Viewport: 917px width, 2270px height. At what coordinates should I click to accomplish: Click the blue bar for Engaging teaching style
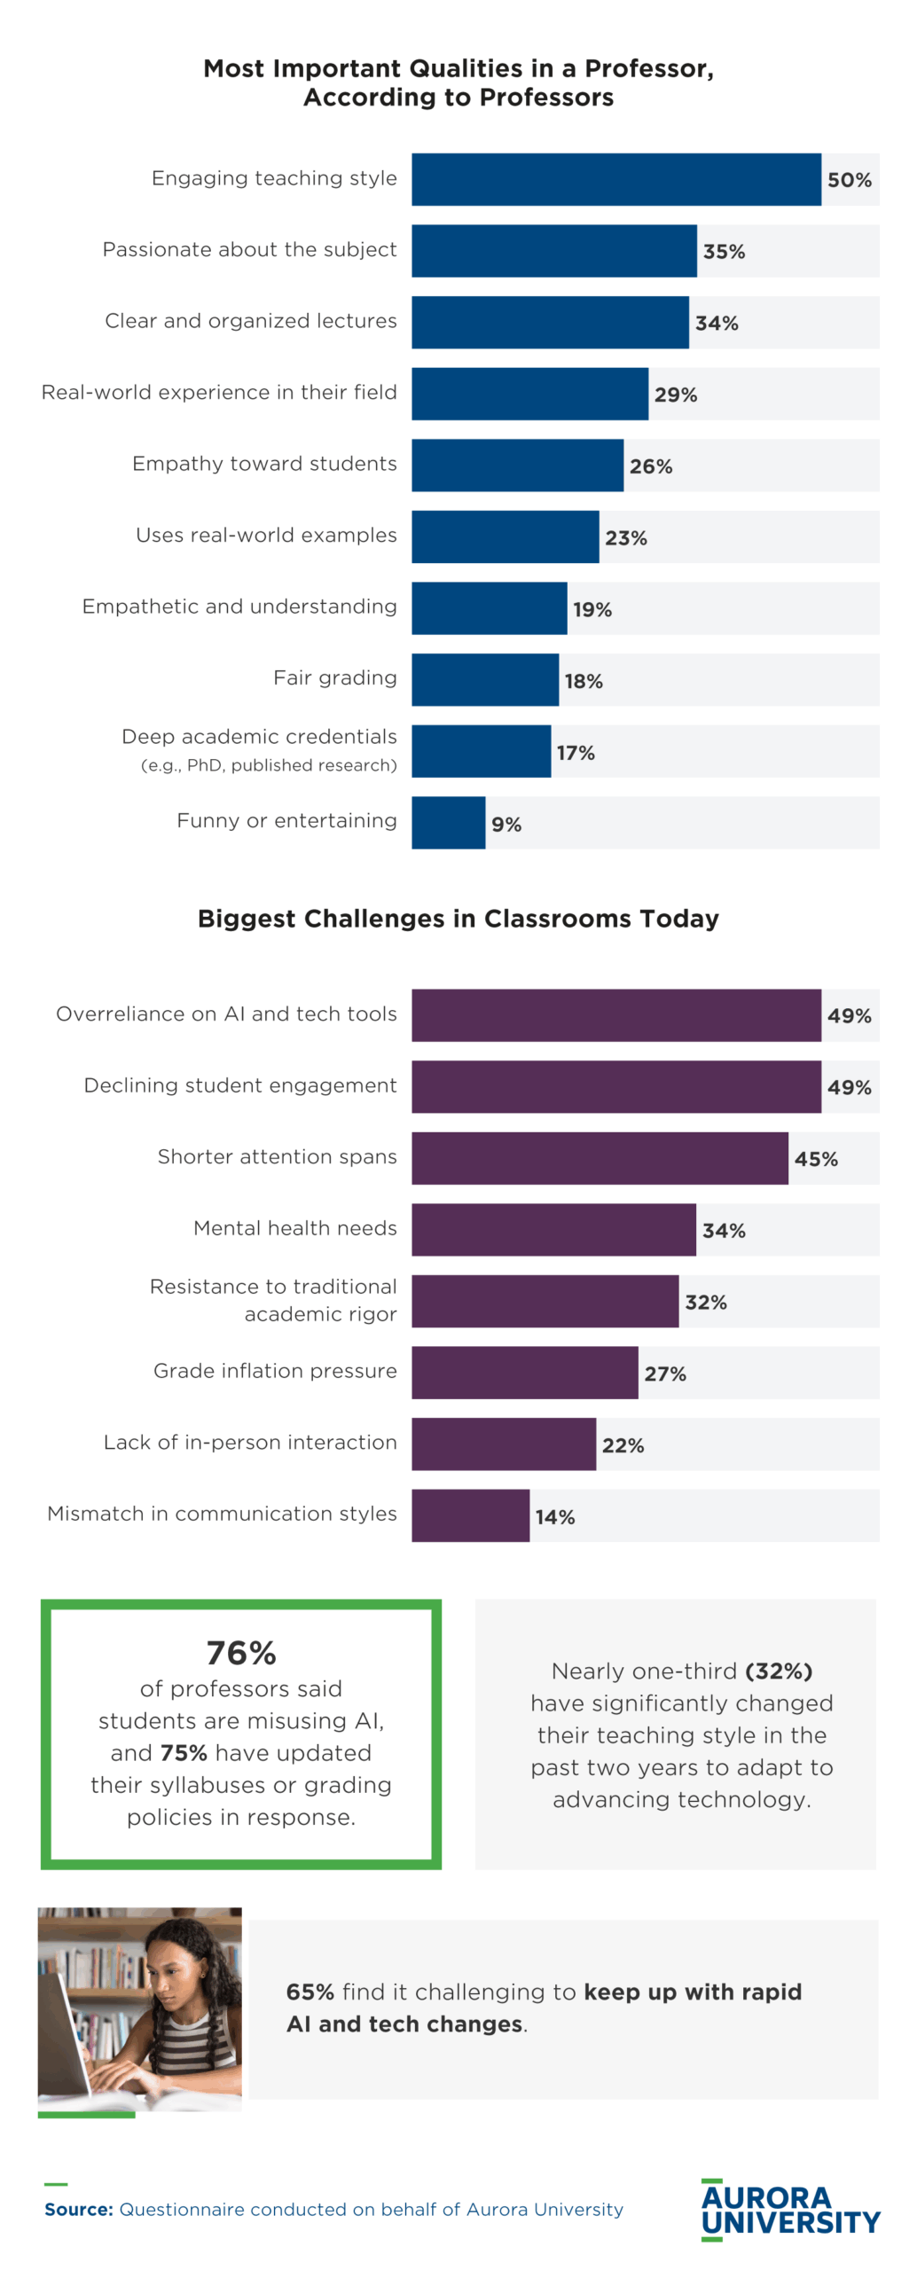tap(615, 179)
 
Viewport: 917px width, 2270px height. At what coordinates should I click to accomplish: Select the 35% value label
tap(724, 252)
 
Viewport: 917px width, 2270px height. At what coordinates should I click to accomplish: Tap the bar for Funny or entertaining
tap(448, 822)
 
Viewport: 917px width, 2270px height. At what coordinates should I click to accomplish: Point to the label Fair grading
tap(334, 678)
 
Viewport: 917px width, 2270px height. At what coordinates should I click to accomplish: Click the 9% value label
tap(506, 825)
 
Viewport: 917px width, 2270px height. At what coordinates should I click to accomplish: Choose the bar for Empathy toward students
tap(517, 465)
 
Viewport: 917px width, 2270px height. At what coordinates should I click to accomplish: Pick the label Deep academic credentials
tap(259, 737)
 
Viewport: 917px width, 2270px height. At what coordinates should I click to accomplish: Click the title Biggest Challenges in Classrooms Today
tap(458, 919)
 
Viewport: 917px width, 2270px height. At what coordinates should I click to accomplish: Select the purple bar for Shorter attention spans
tap(600, 1157)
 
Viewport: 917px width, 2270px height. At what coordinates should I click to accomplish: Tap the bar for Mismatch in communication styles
tap(470, 1515)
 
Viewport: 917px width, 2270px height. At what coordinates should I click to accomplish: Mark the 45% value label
tap(816, 1159)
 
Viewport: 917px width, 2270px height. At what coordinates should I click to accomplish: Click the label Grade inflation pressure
tap(275, 1371)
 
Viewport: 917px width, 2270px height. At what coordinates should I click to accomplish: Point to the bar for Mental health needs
tap(553, 1229)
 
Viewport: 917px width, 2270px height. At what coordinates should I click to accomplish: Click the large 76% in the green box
tap(241, 1653)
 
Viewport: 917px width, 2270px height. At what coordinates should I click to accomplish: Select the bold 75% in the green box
tap(184, 1753)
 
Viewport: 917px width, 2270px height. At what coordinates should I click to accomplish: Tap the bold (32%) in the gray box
tap(779, 1671)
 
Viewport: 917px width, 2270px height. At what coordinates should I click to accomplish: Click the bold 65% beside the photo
tap(310, 1992)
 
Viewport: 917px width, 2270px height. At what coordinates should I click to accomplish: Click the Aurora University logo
tap(790, 2209)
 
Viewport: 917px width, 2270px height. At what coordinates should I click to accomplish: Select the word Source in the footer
tap(78, 2210)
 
